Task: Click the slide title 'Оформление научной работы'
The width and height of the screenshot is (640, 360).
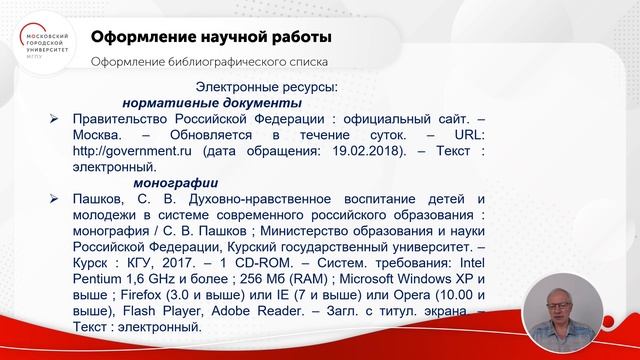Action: tap(211, 38)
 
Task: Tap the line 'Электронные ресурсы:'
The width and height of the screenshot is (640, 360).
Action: tap(265, 87)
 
